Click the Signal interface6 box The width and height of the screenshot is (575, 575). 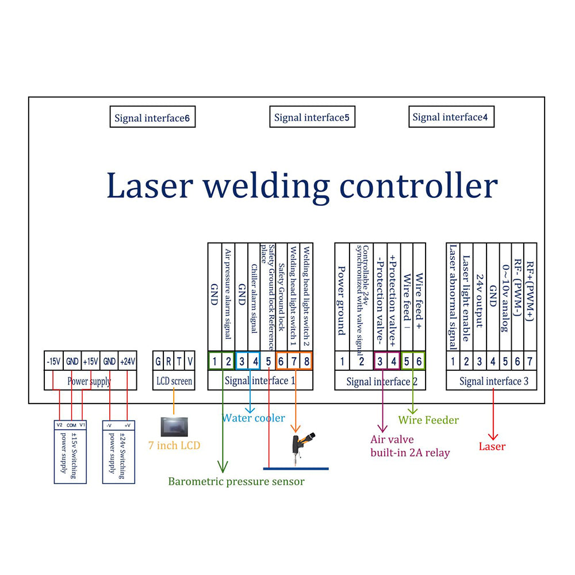pyautogui.click(x=152, y=118)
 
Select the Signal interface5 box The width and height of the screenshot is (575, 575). pyautogui.click(x=312, y=118)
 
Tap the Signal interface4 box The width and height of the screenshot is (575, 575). pyautogui.click(x=450, y=117)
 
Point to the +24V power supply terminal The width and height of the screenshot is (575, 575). pyautogui.click(x=128, y=362)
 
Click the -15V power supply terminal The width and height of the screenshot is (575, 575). pyautogui.click(x=53, y=362)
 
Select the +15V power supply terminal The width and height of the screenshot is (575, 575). pyautogui.click(x=91, y=362)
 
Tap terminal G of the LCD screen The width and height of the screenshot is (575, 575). pyautogui.click(x=158, y=362)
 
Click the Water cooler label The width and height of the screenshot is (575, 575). pyautogui.click(x=254, y=418)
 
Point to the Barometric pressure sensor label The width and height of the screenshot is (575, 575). pyautogui.click(x=236, y=481)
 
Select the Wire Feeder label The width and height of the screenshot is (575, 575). pyautogui.click(x=428, y=420)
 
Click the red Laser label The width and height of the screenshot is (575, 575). pyautogui.click(x=492, y=447)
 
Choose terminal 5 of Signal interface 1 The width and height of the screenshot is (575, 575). pyautogui.click(x=269, y=362)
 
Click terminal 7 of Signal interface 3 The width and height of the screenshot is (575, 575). pyautogui.click(x=530, y=362)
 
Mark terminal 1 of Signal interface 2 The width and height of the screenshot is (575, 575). pyautogui.click(x=342, y=362)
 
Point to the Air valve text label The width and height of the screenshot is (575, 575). pyautogui.click(x=392, y=440)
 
